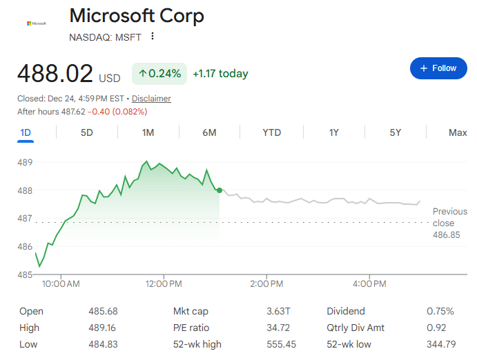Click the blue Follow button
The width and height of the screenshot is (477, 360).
pyautogui.click(x=438, y=68)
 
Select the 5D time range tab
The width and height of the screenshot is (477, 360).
pyautogui.click(x=86, y=132)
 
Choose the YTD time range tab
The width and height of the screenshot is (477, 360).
pyautogui.click(x=272, y=132)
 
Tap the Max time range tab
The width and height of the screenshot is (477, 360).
pyautogui.click(x=458, y=132)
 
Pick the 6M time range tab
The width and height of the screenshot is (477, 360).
pyautogui.click(x=210, y=132)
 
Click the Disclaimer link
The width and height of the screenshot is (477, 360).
pyautogui.click(x=151, y=99)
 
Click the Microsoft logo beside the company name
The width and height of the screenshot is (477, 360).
pyautogui.click(x=37, y=23)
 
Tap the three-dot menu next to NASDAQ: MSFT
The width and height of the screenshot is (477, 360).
pyautogui.click(x=153, y=37)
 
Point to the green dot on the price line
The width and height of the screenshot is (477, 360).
pyautogui.click(x=220, y=190)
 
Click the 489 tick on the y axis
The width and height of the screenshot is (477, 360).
pyautogui.click(x=26, y=163)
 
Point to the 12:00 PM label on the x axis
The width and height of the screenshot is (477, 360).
pyautogui.click(x=164, y=283)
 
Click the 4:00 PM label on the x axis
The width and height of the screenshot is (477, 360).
pyautogui.click(x=369, y=283)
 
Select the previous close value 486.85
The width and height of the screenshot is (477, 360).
pyautogui.click(x=447, y=235)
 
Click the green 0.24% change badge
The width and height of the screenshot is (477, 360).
pyautogui.click(x=159, y=73)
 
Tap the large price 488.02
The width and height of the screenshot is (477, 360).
pyautogui.click(x=55, y=72)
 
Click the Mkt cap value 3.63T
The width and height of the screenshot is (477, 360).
pyautogui.click(x=278, y=311)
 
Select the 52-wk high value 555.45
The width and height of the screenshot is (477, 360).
pyautogui.click(x=281, y=344)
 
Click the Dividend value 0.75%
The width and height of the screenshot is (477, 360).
pyautogui.click(x=440, y=311)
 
